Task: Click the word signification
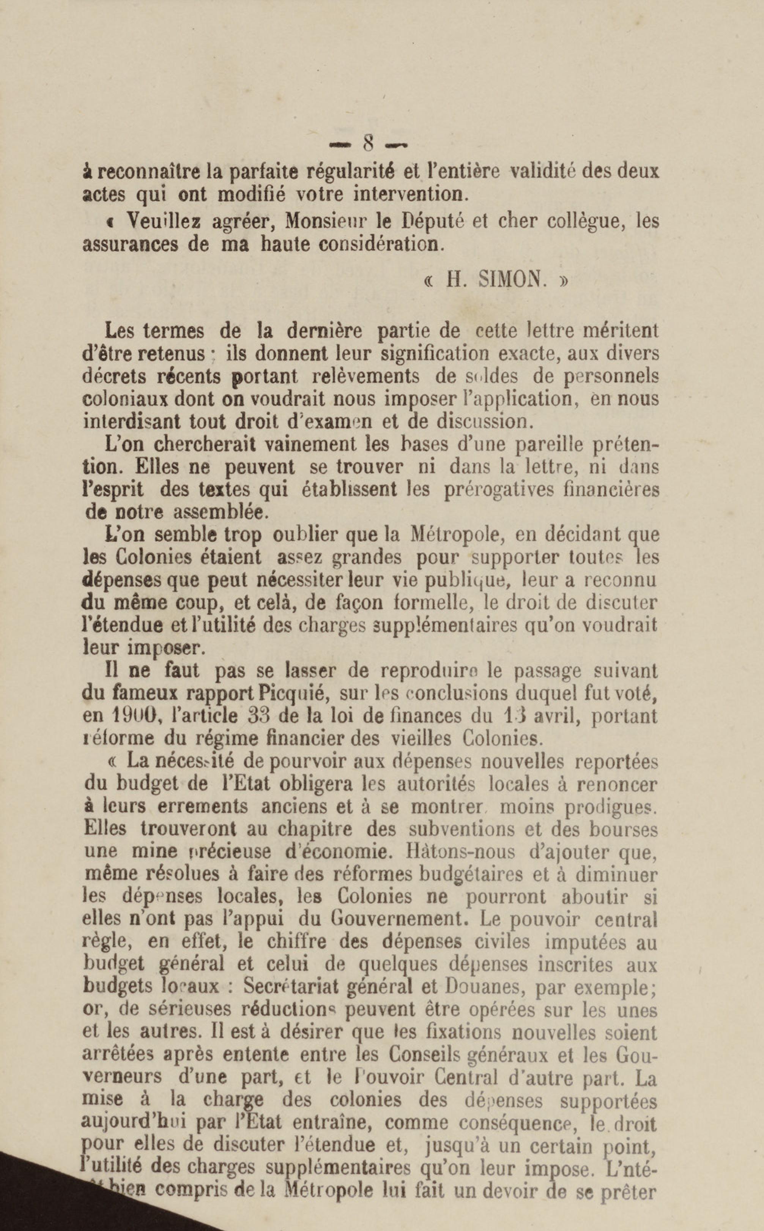pyautogui.click(x=435, y=354)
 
